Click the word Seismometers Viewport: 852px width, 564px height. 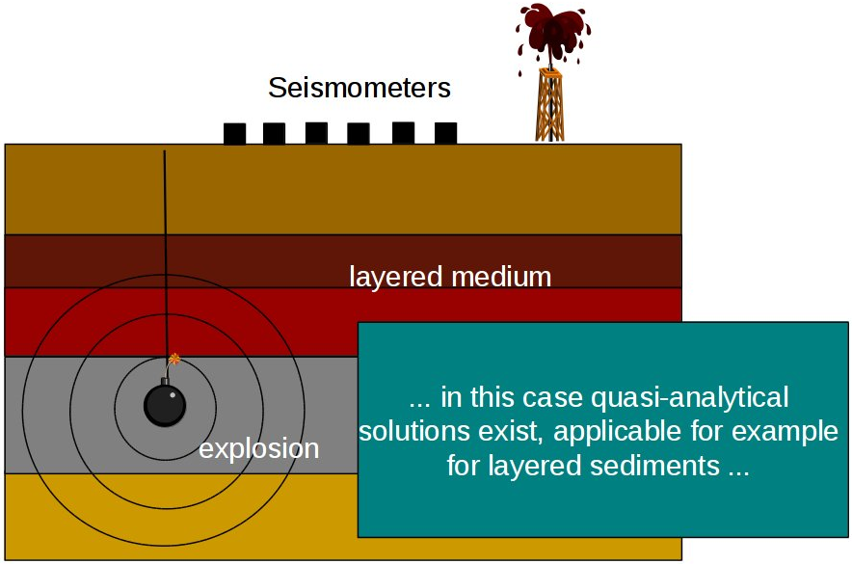(359, 89)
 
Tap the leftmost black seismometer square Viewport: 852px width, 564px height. (234, 134)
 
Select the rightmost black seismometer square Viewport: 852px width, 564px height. (445, 133)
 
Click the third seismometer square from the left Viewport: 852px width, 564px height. (316, 133)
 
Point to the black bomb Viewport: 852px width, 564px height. (164, 404)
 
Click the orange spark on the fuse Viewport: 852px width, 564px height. (173, 359)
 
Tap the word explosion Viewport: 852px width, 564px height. (258, 448)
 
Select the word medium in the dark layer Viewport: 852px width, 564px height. (500, 278)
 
